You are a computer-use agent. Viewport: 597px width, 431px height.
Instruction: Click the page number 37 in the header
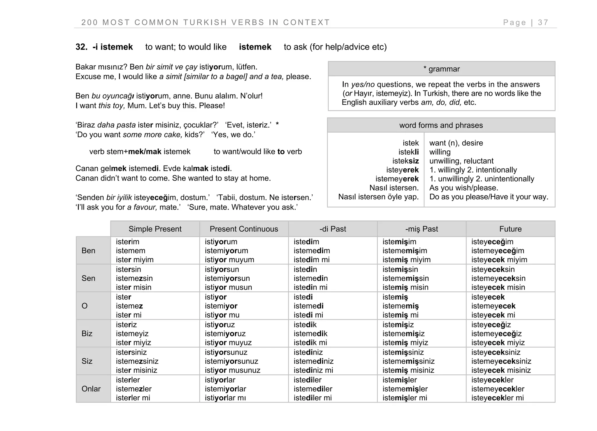coord(543,22)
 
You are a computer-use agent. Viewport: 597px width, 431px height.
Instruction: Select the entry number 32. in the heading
coord(81,47)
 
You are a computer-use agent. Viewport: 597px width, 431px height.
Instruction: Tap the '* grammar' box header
coord(441,69)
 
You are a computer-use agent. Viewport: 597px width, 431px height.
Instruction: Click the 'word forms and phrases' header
coord(441,125)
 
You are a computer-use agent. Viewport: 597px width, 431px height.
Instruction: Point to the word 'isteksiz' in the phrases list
coord(405,161)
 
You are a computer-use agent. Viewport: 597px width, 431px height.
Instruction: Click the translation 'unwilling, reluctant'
coord(461,161)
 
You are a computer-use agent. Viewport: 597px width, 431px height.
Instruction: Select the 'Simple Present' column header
coord(155,229)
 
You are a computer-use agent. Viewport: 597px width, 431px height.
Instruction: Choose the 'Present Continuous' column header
coord(244,229)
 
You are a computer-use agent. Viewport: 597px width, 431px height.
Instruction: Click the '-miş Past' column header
coord(421,229)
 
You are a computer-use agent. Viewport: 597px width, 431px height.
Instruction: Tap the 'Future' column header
coord(510,229)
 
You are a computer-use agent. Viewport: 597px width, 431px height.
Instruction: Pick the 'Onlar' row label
coord(91,389)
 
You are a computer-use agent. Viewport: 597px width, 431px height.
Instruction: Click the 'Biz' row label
coord(87,333)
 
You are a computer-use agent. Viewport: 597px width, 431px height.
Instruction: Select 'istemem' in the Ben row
coord(130,251)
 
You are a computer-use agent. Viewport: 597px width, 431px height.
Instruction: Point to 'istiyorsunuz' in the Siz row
coord(226,352)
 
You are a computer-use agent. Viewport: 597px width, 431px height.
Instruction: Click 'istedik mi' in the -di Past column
coord(310,342)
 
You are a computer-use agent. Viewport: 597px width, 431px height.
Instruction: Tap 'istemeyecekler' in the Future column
coord(498,389)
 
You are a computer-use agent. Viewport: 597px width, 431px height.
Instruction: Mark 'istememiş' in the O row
coord(400,306)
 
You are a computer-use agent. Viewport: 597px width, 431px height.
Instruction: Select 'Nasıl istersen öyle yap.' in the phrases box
coord(378,197)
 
